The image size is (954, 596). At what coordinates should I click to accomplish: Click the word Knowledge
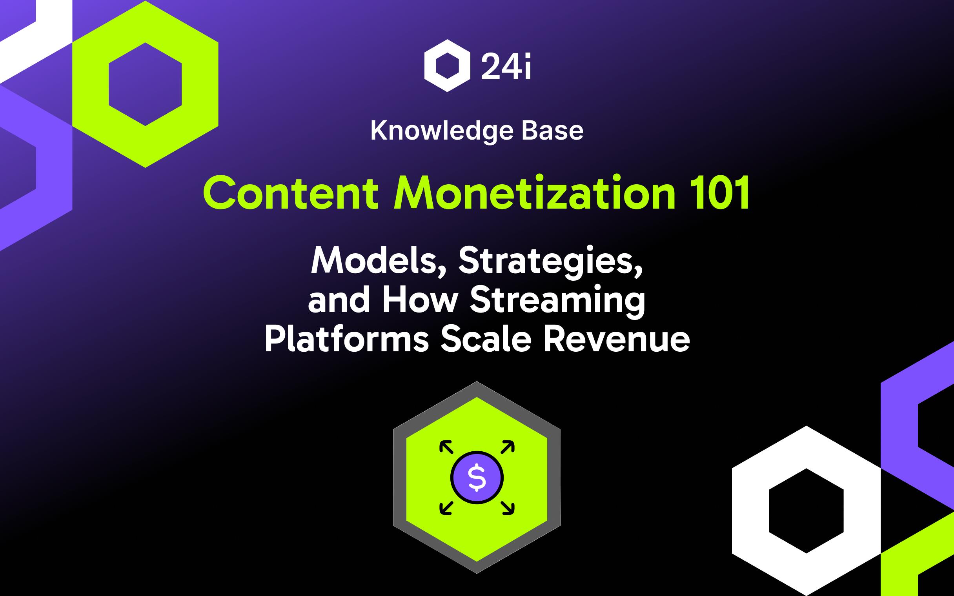[442, 131]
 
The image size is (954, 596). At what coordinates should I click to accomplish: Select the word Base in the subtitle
[552, 131]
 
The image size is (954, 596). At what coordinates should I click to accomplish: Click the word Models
[379, 262]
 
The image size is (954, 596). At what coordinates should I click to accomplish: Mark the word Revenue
[617, 340]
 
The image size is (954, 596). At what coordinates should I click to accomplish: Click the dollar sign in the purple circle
[477, 478]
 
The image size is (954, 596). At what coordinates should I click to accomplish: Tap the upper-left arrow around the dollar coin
[446, 447]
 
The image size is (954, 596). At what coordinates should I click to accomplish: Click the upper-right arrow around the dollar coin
[507, 447]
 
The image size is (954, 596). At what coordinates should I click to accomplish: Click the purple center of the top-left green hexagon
[145, 84]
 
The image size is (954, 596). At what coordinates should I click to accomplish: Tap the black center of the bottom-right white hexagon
[806, 511]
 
